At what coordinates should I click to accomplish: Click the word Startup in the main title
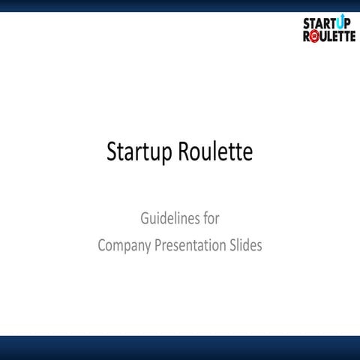pyautogui.click(x=139, y=152)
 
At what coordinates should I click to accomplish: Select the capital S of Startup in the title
pyautogui.click(x=112, y=152)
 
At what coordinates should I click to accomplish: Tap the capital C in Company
pyautogui.click(x=103, y=245)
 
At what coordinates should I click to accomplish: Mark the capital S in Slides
pyautogui.click(x=232, y=245)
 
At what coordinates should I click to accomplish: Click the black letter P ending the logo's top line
pyautogui.click(x=347, y=24)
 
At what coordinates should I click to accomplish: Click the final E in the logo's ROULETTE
pyautogui.click(x=352, y=36)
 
